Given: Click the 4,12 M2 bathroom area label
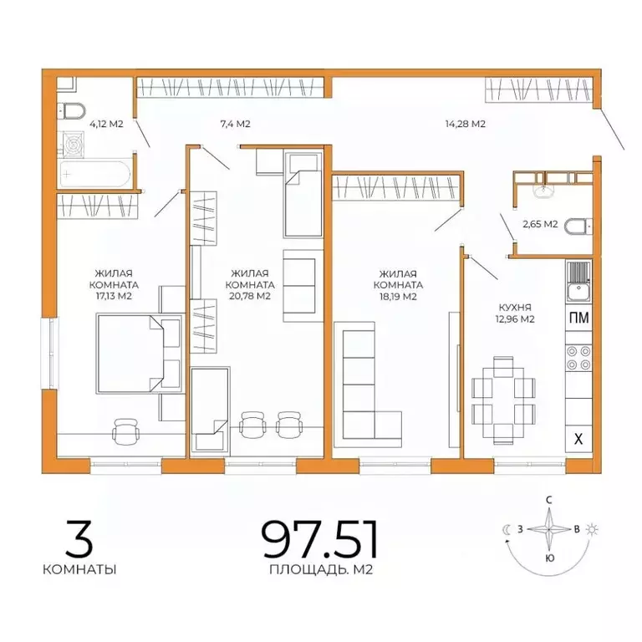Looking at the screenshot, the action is [x=106, y=124].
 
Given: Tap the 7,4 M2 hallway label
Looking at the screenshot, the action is [x=235, y=124].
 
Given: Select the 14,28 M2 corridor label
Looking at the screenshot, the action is [x=465, y=124].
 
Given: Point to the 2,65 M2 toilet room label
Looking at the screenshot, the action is [x=540, y=224].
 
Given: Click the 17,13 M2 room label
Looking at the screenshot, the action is [x=114, y=296].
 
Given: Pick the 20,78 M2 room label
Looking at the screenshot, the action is [x=250, y=296].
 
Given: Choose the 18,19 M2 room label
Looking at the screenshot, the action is [x=398, y=297].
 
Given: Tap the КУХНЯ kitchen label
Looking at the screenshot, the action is [x=515, y=308].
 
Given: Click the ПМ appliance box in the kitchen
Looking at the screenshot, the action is [x=579, y=318].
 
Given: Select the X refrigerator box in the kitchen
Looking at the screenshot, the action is [x=578, y=439].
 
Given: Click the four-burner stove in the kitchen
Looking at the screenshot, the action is [x=579, y=358].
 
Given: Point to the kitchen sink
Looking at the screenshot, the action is [x=578, y=291].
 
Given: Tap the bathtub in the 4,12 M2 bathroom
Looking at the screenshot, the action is [x=95, y=174].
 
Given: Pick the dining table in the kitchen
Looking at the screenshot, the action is [x=503, y=400].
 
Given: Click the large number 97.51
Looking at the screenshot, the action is [x=320, y=539].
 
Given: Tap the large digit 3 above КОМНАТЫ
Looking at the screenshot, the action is [x=79, y=539].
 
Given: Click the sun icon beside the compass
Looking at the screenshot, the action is [x=592, y=529].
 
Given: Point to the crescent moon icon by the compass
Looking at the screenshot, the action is [x=507, y=529].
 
